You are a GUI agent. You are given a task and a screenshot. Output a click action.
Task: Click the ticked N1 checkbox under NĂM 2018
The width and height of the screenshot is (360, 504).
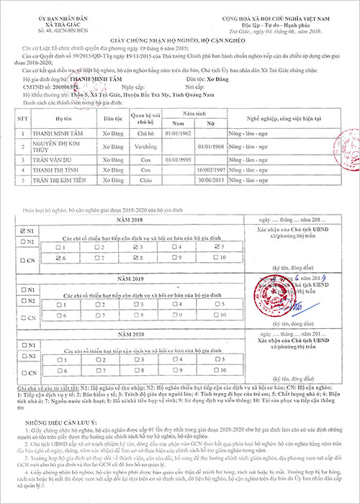[x=25, y=230]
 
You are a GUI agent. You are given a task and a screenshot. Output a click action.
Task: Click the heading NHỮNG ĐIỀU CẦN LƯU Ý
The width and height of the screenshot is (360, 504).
[x=58, y=424]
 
